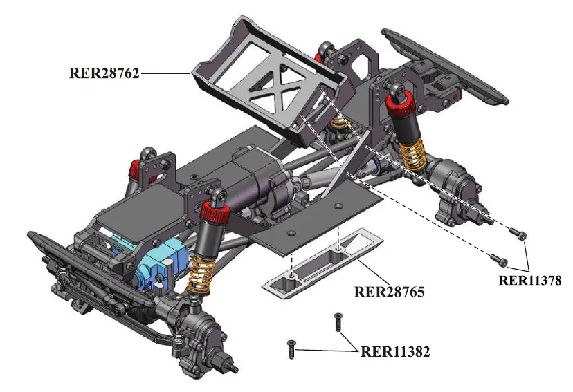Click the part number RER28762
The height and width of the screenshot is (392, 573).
tap(104, 73)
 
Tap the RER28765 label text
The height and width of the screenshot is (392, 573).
tap(389, 291)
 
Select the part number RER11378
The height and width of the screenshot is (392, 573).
tap(528, 280)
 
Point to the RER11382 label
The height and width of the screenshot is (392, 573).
tap(395, 351)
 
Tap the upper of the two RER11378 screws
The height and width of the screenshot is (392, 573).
tap(519, 234)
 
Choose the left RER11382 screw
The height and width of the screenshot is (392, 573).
tap(292, 348)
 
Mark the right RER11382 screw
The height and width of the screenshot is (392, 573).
tap(338, 321)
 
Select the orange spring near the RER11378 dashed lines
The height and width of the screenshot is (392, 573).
tap(412, 151)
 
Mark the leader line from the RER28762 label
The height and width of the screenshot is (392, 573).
tap(165, 73)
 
